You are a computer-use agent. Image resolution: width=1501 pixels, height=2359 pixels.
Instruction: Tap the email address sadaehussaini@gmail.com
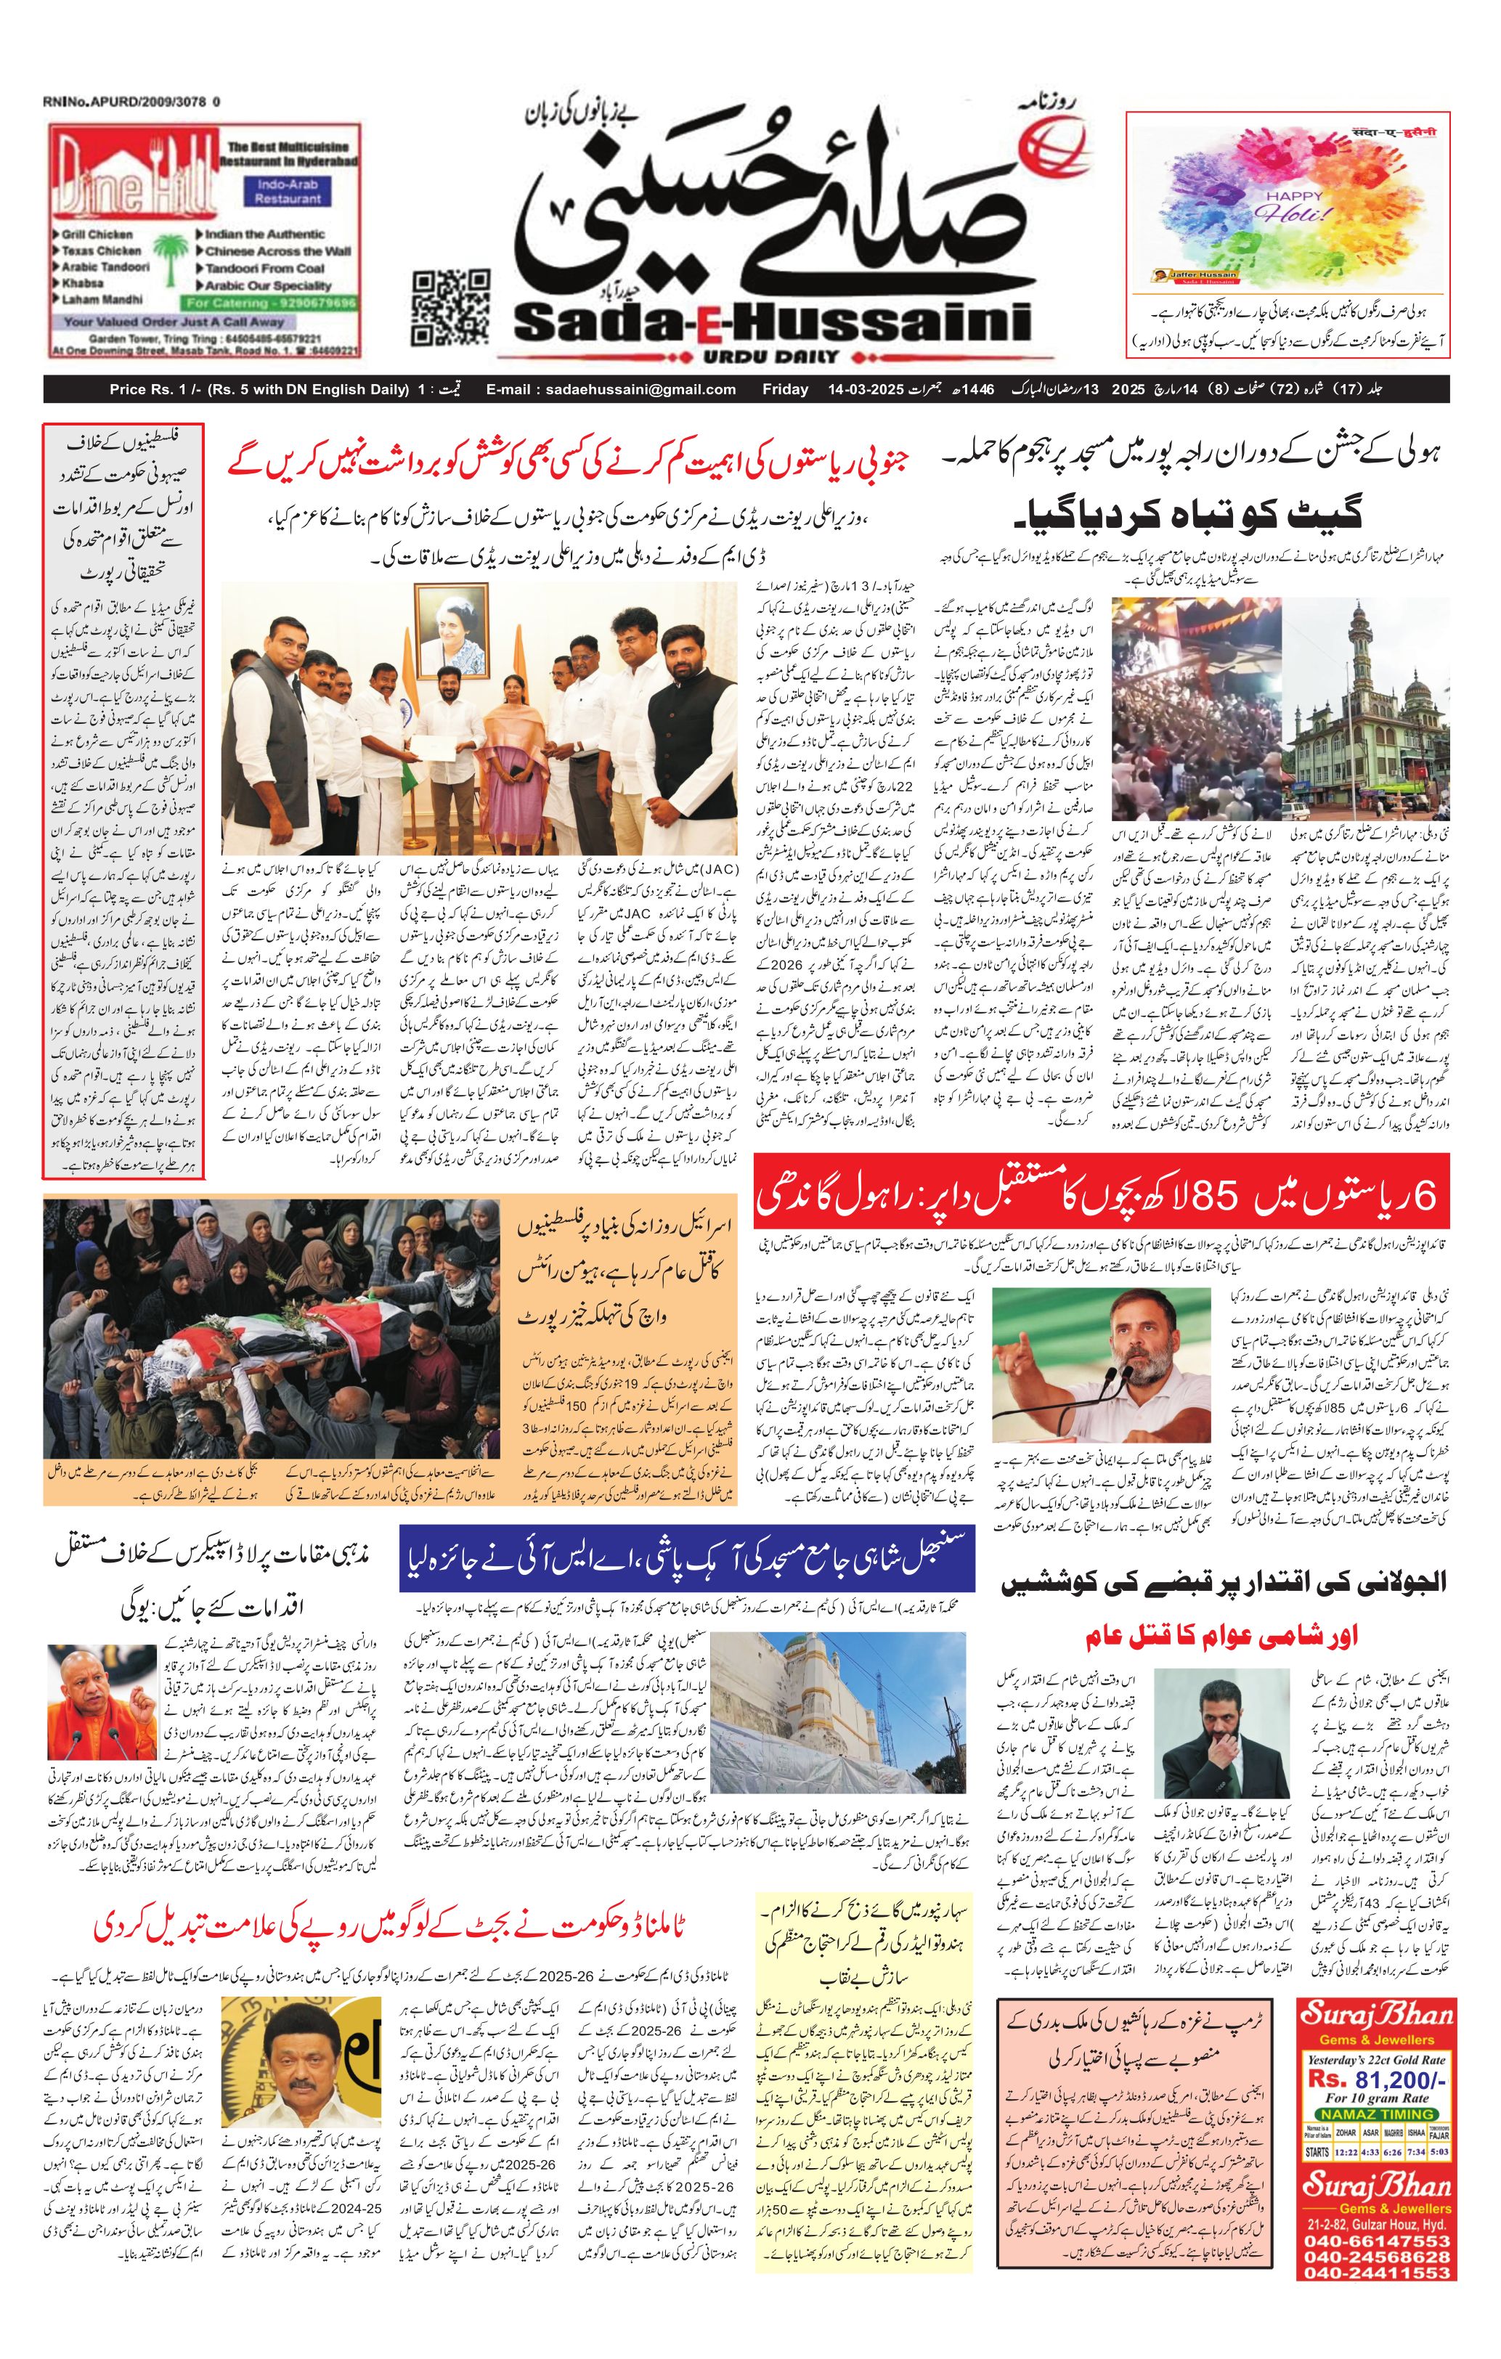[611, 389]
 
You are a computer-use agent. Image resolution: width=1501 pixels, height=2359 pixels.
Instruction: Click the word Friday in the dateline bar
[785, 389]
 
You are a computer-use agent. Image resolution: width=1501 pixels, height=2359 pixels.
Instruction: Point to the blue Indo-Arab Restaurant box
[288, 191]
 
